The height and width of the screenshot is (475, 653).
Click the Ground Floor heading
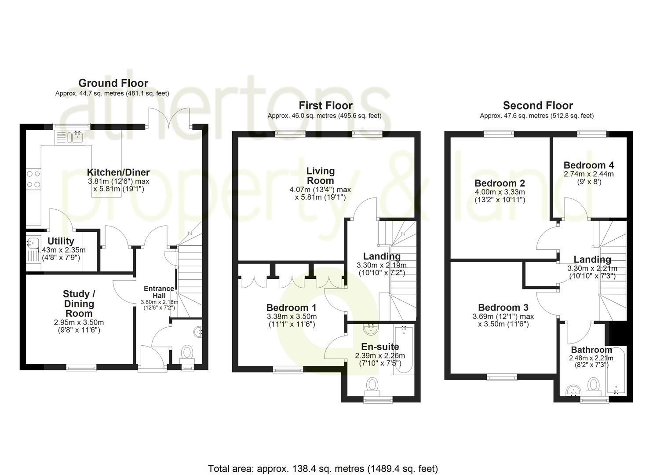click(113, 83)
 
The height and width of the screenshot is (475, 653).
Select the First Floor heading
click(325, 106)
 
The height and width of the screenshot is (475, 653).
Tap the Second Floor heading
click(538, 106)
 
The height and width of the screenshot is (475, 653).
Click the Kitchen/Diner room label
click(118, 172)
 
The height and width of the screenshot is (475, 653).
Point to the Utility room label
click(61, 241)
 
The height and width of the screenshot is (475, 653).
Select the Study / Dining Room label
click(79, 303)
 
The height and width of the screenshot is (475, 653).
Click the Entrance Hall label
click(159, 292)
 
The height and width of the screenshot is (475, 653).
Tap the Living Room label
click(321, 175)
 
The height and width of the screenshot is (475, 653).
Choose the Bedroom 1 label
click(292, 308)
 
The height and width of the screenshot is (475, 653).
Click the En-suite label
click(380, 347)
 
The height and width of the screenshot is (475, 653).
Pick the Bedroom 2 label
click(500, 183)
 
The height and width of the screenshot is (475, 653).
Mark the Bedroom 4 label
click(589, 165)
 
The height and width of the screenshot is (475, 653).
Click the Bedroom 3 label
click(503, 307)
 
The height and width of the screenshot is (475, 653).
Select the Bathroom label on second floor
click(591, 350)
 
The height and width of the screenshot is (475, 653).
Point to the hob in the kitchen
click(33, 179)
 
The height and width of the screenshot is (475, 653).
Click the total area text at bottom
click(323, 468)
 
